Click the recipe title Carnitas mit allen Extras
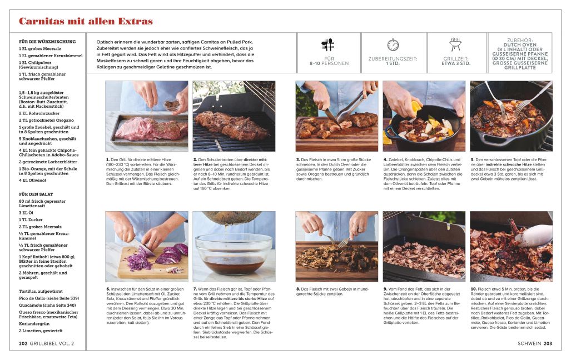pos(86,22)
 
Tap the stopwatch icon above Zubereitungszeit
pos(393,45)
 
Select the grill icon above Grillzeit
pos(456,44)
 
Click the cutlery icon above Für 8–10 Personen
pos(328,45)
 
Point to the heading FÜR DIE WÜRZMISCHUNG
pos(47,42)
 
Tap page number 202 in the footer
pos(23,344)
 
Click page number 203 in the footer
pos(548,344)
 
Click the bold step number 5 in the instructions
pos(471,159)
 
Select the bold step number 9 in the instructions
pos(385,289)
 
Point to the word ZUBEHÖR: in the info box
pos(519,40)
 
